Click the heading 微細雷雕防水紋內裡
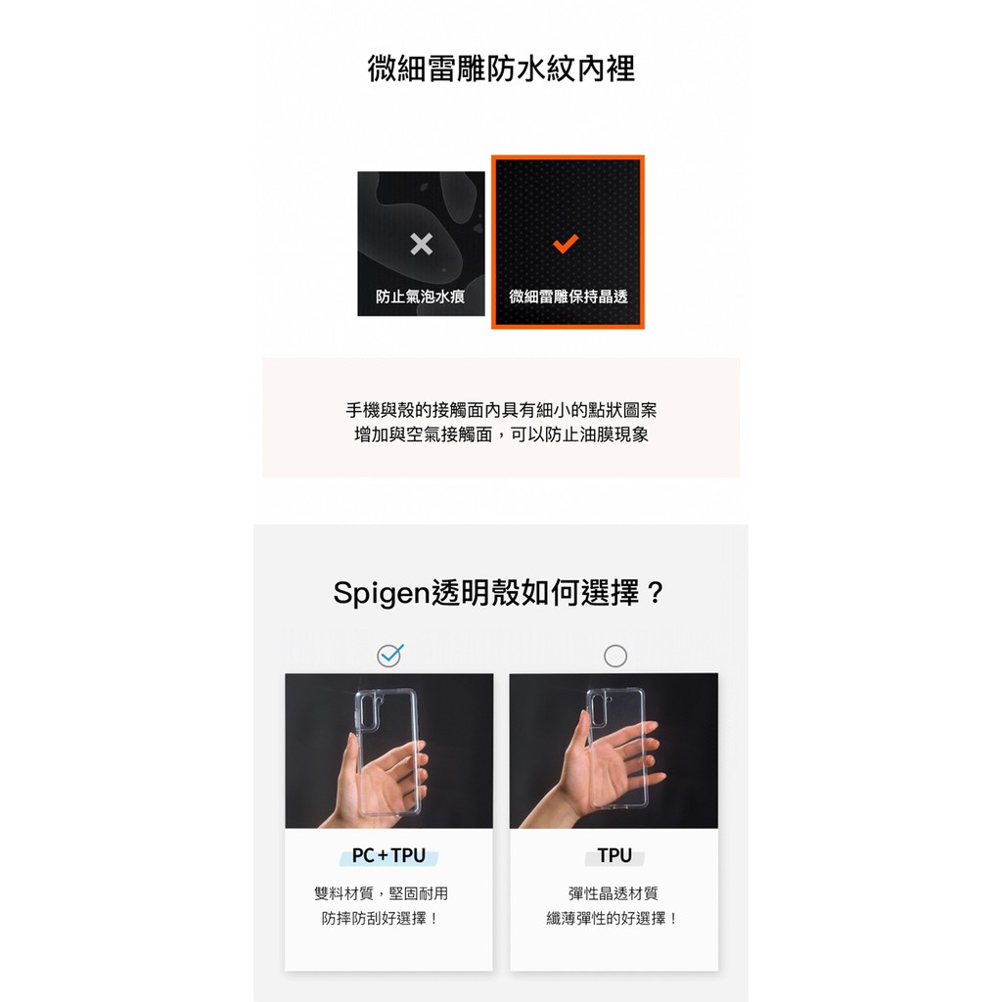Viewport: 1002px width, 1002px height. (501, 68)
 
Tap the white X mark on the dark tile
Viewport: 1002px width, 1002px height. (421, 244)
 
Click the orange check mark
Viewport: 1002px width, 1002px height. (566, 243)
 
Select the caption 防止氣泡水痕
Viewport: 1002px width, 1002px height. (420, 296)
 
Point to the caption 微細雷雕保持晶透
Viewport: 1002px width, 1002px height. (569, 296)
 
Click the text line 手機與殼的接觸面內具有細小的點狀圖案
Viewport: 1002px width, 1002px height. (501, 410)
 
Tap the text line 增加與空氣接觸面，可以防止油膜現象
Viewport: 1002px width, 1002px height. (501, 434)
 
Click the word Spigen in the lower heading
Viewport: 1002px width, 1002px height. (382, 594)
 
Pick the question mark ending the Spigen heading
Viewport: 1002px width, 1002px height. (655, 593)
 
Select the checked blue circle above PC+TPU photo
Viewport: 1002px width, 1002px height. (389, 656)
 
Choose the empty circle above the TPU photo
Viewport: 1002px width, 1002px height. (615, 656)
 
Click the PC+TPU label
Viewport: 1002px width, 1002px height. (388, 855)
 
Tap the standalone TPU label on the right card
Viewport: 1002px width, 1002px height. (615, 855)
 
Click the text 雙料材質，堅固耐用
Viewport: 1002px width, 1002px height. (381, 893)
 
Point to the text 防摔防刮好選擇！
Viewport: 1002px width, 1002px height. (381, 918)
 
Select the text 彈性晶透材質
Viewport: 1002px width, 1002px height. (613, 893)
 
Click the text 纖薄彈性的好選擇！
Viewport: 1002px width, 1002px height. (613, 918)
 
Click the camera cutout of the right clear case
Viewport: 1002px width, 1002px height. (598, 709)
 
